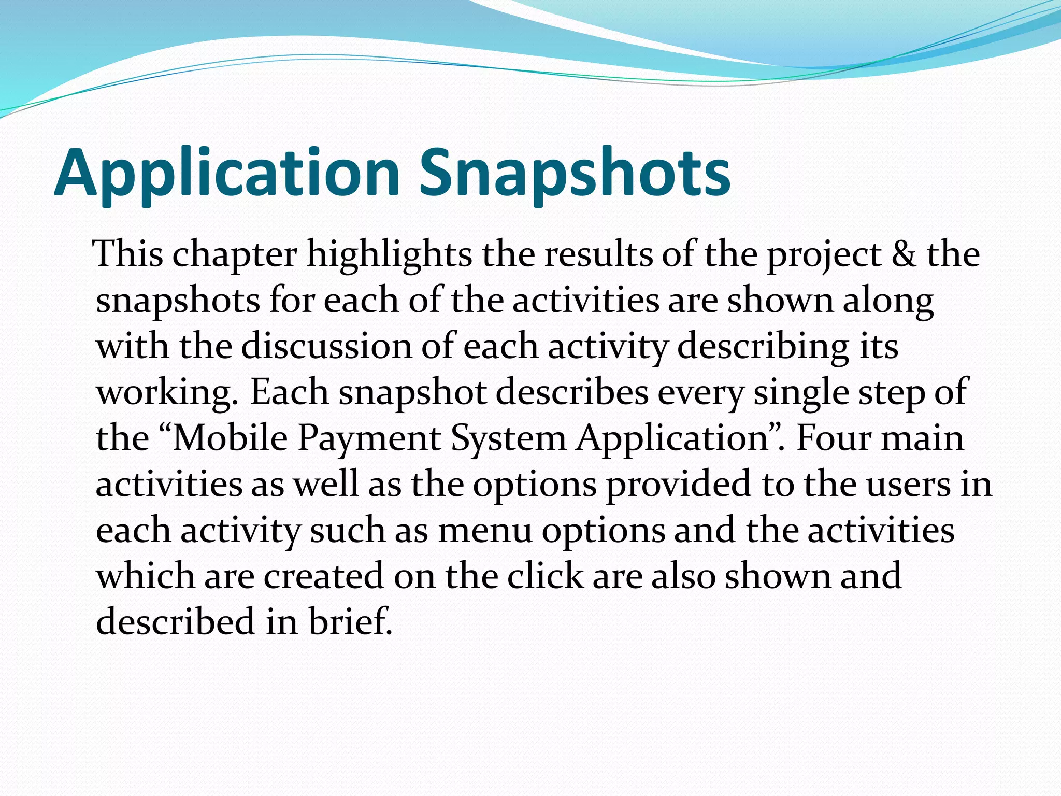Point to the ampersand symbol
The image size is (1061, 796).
(x=904, y=254)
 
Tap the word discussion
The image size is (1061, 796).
(x=326, y=346)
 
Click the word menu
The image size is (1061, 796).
(x=485, y=531)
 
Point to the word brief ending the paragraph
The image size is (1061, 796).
(x=350, y=621)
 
